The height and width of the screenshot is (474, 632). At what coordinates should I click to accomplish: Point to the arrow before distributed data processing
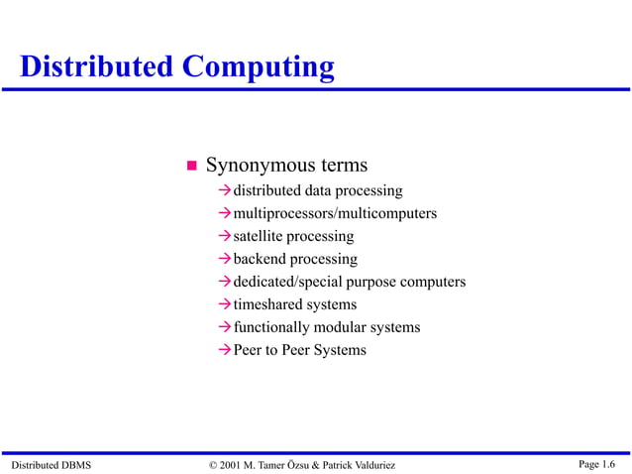225,190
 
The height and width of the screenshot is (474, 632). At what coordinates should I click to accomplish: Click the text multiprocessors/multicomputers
335,213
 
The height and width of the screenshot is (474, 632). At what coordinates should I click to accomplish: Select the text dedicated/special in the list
285,282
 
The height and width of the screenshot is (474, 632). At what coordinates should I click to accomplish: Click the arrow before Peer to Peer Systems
225,350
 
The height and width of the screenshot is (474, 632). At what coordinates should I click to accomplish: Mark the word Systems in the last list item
339,350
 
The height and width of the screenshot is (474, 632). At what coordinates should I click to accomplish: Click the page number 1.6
608,464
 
